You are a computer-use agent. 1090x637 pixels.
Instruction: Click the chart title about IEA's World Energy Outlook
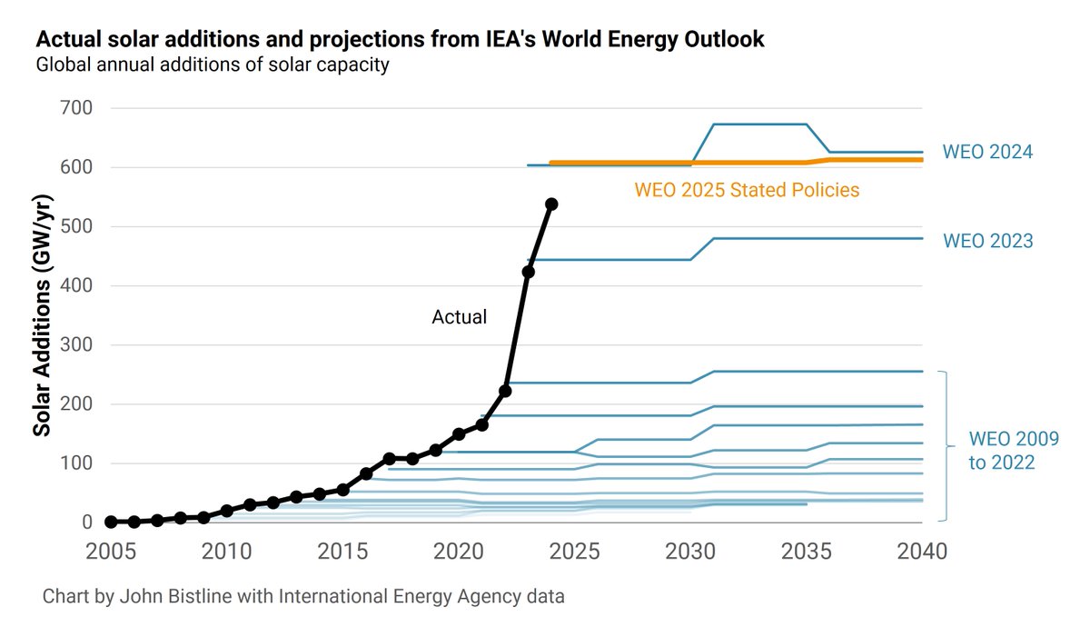click(x=400, y=40)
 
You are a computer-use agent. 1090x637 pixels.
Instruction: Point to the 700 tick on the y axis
click(x=75, y=108)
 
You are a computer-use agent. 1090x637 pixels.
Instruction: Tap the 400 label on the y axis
click(x=75, y=286)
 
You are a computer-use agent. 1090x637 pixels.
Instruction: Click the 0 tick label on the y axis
click(x=86, y=523)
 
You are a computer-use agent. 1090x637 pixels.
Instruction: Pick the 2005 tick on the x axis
click(x=111, y=552)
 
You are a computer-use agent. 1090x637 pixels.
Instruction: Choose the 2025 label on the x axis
click(x=574, y=552)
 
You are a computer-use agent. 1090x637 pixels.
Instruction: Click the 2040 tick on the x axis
click(x=922, y=552)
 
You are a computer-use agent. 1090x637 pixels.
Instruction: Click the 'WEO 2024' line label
click(x=987, y=152)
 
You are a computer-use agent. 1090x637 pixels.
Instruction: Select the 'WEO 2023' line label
click(x=987, y=241)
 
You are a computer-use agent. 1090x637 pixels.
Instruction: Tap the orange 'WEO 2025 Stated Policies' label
click(x=747, y=190)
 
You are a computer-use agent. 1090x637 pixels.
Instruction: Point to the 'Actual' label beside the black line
click(x=459, y=317)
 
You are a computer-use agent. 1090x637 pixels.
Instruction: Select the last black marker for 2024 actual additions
click(x=551, y=204)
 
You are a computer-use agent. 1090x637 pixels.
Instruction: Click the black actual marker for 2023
click(x=528, y=272)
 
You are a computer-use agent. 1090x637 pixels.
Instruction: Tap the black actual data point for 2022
click(x=505, y=391)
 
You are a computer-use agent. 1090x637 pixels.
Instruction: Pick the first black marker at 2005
click(x=111, y=522)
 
